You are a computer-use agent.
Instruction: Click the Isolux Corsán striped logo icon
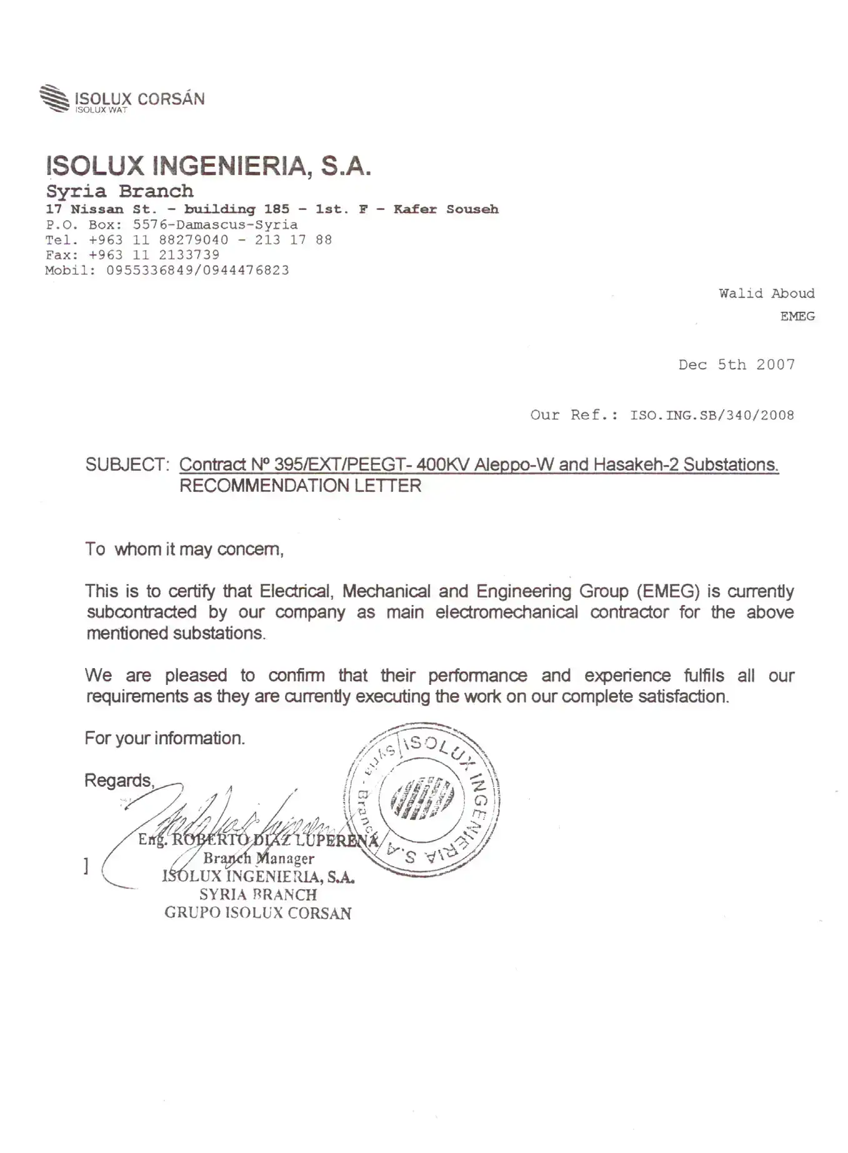tap(54, 98)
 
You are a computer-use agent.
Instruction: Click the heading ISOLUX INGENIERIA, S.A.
tap(209, 166)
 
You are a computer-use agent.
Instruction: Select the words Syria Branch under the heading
tap(119, 191)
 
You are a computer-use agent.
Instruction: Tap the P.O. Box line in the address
tap(171, 225)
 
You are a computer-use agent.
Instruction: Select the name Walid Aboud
tap(766, 294)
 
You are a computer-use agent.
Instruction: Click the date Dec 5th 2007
tap(736, 365)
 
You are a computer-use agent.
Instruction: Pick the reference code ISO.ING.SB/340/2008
tap(712, 416)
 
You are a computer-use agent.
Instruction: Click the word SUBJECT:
tap(127, 465)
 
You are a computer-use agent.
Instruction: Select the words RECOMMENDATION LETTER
tap(300, 486)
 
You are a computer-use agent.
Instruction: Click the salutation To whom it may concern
tap(184, 549)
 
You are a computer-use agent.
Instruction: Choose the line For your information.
tap(164, 738)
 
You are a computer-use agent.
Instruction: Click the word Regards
tap(119, 781)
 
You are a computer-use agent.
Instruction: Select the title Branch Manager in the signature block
tap(258, 859)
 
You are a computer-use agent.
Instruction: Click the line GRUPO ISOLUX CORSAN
tap(257, 913)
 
